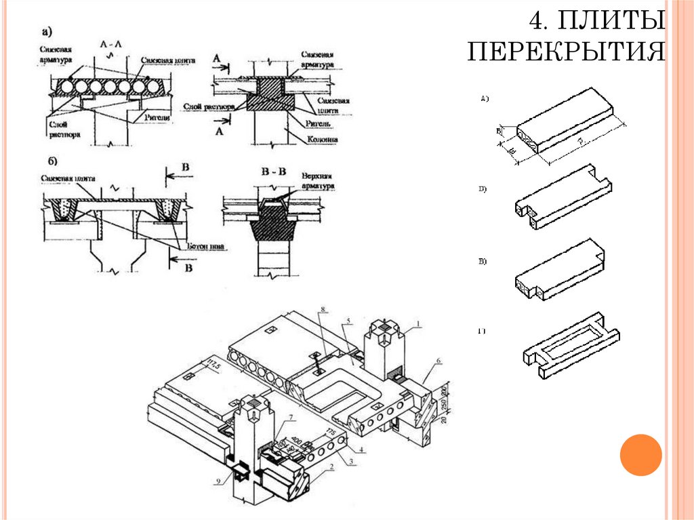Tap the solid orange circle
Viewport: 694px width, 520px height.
pyautogui.click(x=640, y=454)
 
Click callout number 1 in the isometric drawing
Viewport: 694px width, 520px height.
pyautogui.click(x=419, y=325)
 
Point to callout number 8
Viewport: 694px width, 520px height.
pyautogui.click(x=324, y=311)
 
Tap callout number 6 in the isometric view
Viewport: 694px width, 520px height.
pyautogui.click(x=438, y=361)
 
